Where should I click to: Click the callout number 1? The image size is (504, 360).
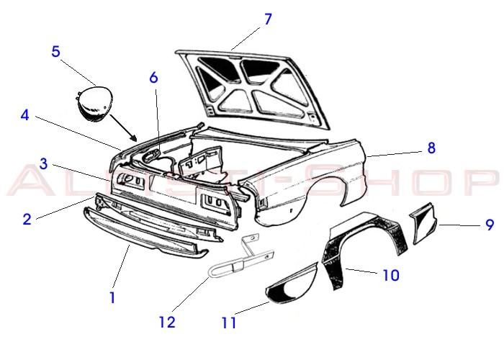click(x=112, y=297)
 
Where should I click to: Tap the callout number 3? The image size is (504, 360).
click(x=43, y=164)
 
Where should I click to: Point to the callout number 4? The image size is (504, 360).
click(x=24, y=115)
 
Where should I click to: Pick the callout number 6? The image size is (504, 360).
click(x=153, y=77)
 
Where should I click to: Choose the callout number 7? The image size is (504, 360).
click(x=268, y=19)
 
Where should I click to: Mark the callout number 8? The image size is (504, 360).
click(x=431, y=148)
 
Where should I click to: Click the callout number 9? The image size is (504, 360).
click(x=490, y=225)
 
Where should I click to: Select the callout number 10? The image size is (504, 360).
click(x=390, y=274)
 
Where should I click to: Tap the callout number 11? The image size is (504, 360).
click(x=229, y=323)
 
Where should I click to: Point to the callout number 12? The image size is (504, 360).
click(x=167, y=322)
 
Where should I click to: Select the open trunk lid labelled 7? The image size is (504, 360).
click(x=252, y=83)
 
